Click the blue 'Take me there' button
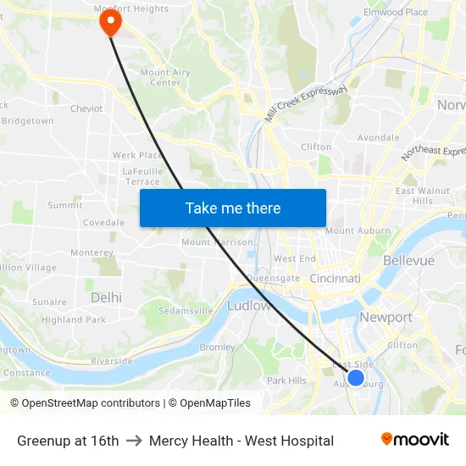click(x=233, y=208)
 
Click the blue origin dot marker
click(x=356, y=378)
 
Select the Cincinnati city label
click(x=335, y=278)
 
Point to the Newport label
click(x=386, y=318)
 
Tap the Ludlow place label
click(x=249, y=305)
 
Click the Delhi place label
click(x=106, y=297)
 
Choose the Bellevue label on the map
click(x=408, y=260)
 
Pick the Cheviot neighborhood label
click(x=86, y=108)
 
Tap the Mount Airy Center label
click(x=165, y=77)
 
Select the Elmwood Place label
click(x=395, y=13)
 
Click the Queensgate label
click(x=273, y=277)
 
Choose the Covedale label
click(x=103, y=223)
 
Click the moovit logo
click(x=414, y=440)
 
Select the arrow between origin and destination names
click(x=134, y=441)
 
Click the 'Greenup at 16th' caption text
click(x=68, y=441)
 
